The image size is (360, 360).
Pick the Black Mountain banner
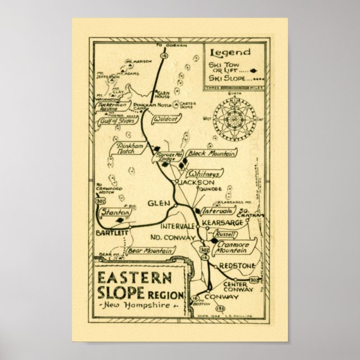pos(211,153)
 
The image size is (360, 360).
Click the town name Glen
pos(156,203)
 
